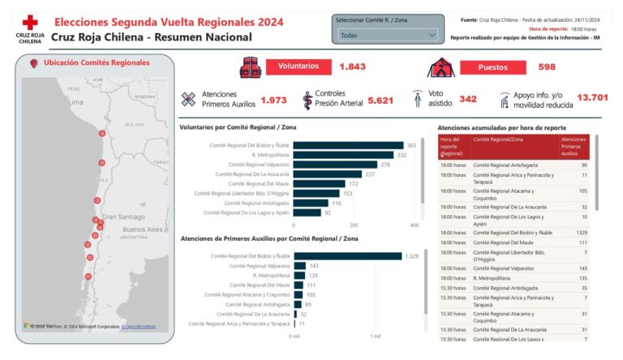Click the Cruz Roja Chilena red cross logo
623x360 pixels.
tap(30, 24)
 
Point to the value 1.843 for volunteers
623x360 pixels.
tap(353, 66)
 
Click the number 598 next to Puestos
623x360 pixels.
tap(547, 66)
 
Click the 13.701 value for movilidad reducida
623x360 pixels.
tap(592, 98)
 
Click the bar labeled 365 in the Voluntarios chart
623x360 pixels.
tap(347, 146)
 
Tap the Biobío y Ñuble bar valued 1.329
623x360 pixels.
tap(347, 256)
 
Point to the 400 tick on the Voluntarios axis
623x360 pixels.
tap(414, 225)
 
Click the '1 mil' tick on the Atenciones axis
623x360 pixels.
tap(375, 336)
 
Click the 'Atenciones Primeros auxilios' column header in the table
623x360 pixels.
tap(574, 146)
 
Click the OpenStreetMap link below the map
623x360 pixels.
tap(139, 327)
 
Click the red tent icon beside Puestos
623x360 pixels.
tap(440, 66)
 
